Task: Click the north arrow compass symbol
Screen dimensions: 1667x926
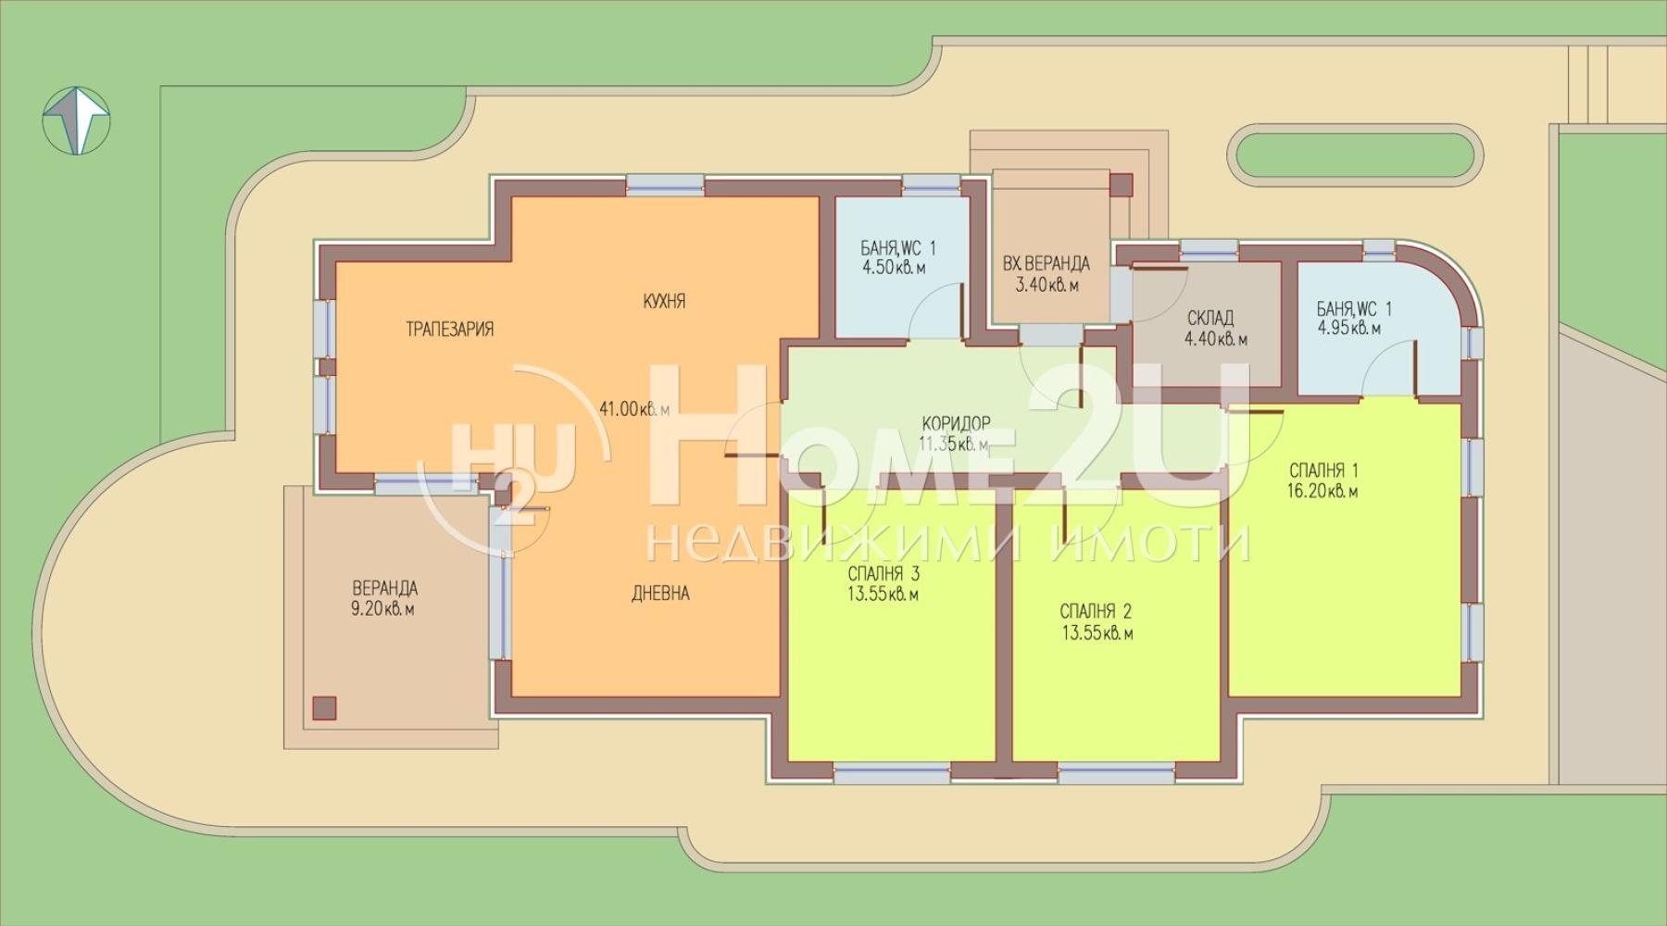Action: pyautogui.click(x=78, y=119)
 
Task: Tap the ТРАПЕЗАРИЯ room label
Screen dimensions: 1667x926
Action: pyautogui.click(x=449, y=330)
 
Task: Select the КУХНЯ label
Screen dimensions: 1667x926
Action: pyautogui.click(x=664, y=301)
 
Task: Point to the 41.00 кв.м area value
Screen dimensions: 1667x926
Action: pyautogui.click(x=634, y=408)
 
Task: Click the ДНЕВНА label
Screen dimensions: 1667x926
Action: pyautogui.click(x=660, y=594)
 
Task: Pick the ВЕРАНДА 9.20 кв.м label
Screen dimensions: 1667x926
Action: pyautogui.click(x=383, y=598)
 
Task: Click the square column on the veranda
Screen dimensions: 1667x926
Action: pyautogui.click(x=324, y=708)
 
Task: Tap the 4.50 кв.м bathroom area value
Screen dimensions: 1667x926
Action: pyautogui.click(x=894, y=268)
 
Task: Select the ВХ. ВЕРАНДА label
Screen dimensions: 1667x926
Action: pyautogui.click(x=1046, y=265)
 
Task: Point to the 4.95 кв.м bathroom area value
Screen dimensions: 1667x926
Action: pyautogui.click(x=1348, y=329)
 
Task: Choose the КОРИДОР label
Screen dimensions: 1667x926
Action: pyautogui.click(x=956, y=423)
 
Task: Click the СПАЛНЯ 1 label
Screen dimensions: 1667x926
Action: pyautogui.click(x=1322, y=471)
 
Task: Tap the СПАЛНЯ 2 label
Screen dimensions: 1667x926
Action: pyautogui.click(x=1096, y=612)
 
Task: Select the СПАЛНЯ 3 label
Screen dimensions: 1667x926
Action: pyautogui.click(x=884, y=574)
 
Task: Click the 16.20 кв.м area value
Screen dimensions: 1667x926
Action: pyautogui.click(x=1322, y=492)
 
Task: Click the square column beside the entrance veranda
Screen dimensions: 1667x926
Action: pyautogui.click(x=1122, y=185)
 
